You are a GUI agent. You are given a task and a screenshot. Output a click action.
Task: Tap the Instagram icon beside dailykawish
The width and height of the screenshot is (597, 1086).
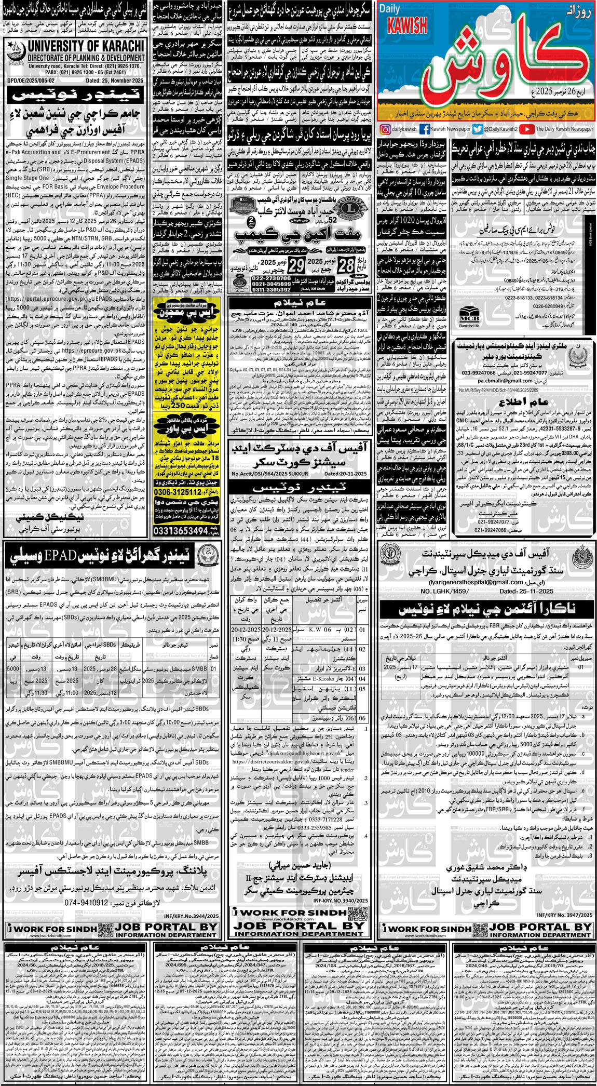pos(385,129)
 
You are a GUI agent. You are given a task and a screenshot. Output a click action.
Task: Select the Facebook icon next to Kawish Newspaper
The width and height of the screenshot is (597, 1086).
pos(424,129)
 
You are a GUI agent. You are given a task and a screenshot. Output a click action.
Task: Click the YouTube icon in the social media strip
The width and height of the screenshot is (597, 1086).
pos(526,129)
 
